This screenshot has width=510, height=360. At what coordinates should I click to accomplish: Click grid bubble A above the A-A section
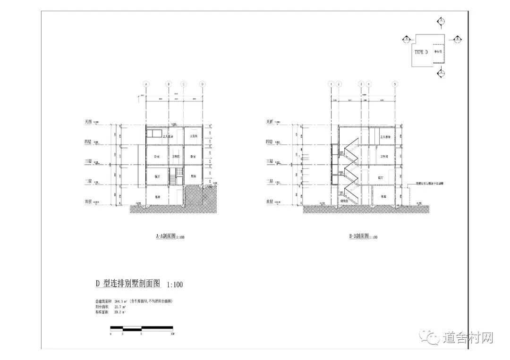[x=146, y=84]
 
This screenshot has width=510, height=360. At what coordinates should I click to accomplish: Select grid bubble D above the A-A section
[x=203, y=84]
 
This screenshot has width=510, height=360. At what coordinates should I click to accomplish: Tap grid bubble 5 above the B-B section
[x=395, y=84]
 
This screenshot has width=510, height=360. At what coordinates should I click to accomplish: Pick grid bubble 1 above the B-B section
[x=331, y=84]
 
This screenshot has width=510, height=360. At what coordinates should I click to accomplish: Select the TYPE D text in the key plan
[x=421, y=52]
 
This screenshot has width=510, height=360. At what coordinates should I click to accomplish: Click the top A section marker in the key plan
[x=441, y=21]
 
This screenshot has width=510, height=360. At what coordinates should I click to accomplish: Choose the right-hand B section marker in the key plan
[x=457, y=40]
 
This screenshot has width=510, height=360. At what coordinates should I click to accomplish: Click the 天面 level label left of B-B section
[x=270, y=121]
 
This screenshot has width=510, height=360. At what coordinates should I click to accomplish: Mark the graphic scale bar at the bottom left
[x=141, y=328]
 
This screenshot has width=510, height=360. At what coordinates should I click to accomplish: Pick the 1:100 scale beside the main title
[x=174, y=285]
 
